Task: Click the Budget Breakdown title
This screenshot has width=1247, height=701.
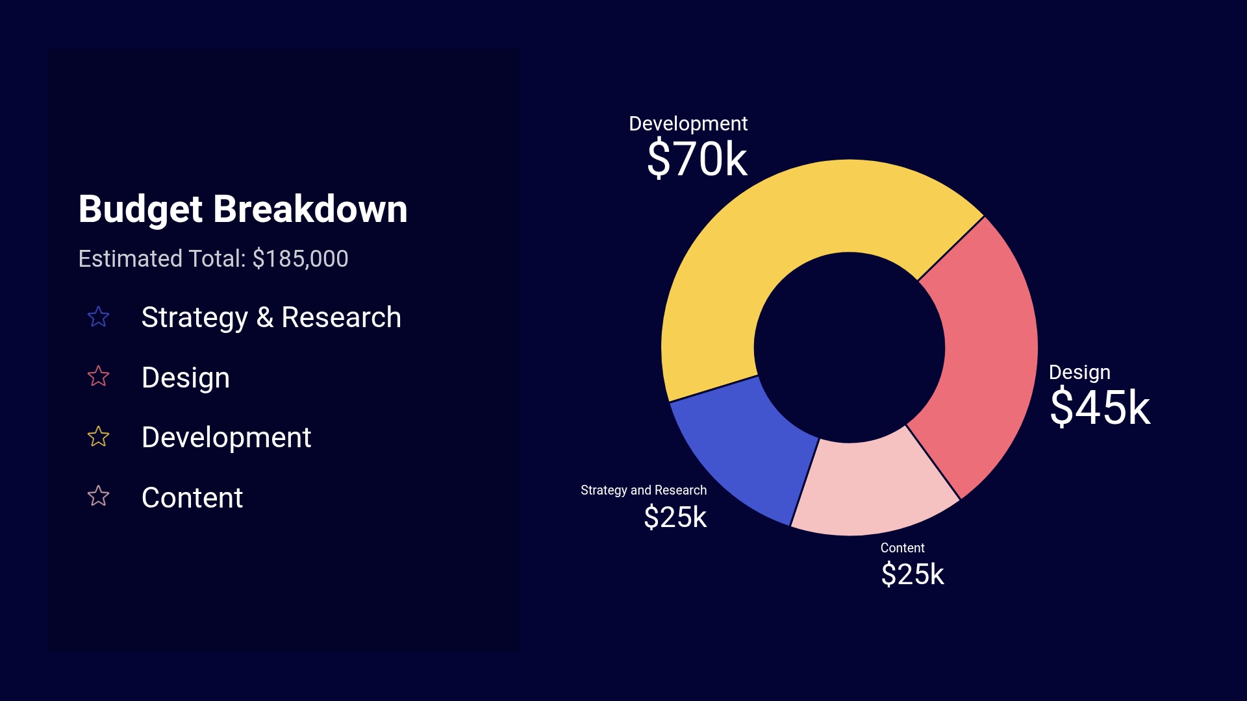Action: coord(242,209)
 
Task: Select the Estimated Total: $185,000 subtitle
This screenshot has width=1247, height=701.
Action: coord(213,259)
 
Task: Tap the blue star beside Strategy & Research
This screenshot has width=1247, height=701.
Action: coord(98,317)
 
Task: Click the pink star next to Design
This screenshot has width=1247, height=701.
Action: coord(98,376)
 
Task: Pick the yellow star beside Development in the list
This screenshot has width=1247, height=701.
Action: coord(98,437)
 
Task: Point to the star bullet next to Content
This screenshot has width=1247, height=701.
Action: coord(98,497)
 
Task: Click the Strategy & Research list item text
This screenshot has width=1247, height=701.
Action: coord(271,317)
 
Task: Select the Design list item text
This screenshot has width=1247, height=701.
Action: coord(185,378)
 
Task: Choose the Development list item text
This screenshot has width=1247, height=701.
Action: coord(226,437)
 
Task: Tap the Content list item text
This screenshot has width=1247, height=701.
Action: coord(192,498)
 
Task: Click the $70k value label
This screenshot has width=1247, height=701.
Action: coord(697,159)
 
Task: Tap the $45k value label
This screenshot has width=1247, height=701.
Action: coord(1100,408)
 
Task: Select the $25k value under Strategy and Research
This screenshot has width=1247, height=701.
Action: coord(675,517)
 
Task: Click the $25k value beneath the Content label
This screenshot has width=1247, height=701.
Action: coord(912,574)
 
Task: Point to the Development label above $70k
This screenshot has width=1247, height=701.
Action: coord(688,123)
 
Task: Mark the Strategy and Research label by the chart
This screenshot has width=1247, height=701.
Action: coord(643,490)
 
